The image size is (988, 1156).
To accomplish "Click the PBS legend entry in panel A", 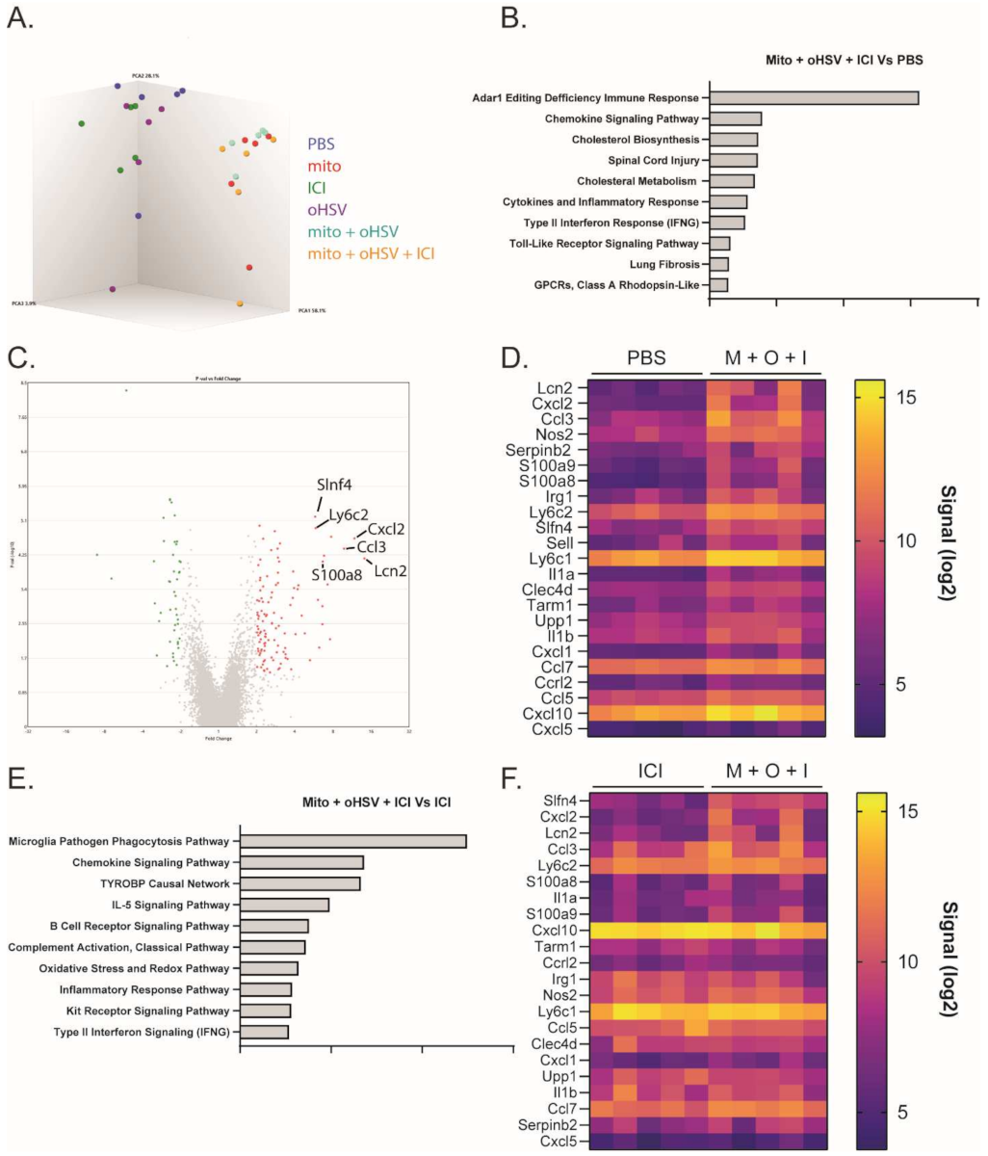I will [324, 144].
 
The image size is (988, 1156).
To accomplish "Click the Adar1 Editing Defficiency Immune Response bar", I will [814, 97].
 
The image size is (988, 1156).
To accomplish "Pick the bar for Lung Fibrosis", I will [719, 263].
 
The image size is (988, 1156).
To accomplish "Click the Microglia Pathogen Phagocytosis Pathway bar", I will [351, 841].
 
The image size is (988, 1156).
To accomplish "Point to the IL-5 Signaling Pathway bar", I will [283, 905].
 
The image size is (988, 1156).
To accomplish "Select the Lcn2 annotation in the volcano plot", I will [390, 572].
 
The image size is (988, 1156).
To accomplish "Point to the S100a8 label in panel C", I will [336, 576].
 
